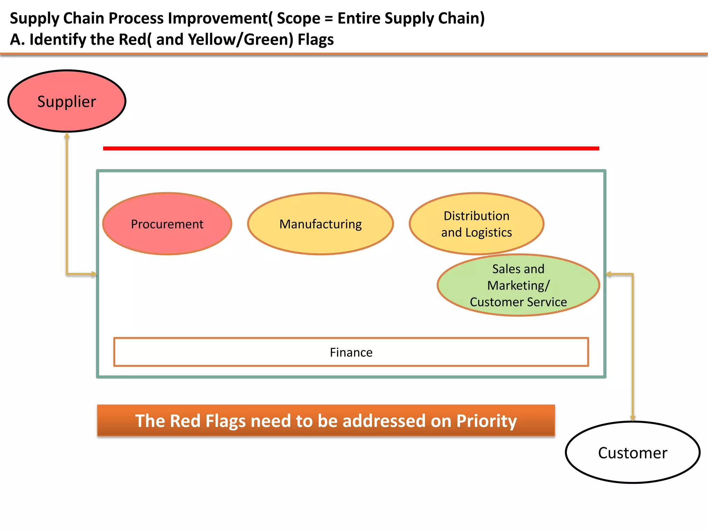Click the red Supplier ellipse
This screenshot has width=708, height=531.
[67, 101]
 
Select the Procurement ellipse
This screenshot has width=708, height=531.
[167, 224]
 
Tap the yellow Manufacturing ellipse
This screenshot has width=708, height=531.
[320, 224]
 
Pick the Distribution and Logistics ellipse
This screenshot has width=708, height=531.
[476, 224]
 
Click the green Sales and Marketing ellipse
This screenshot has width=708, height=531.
[518, 285]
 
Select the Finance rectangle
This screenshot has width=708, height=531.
[351, 352]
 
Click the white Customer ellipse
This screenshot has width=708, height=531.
[633, 453]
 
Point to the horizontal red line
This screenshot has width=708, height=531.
[351, 148]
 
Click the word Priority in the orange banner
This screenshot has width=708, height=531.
[486, 421]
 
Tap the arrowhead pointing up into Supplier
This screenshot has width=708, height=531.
[67, 136]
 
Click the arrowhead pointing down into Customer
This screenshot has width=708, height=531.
[633, 418]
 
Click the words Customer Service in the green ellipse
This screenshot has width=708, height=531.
[518, 302]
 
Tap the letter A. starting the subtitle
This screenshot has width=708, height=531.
[17, 39]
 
